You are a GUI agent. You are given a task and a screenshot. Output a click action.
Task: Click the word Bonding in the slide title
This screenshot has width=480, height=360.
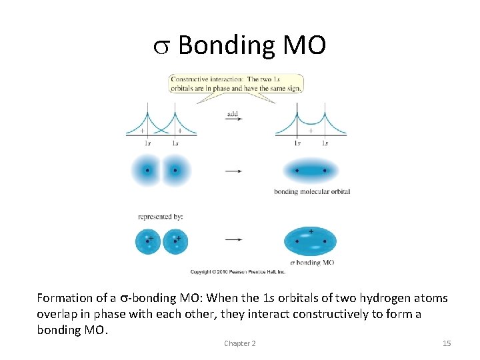pyautogui.click(x=227, y=46)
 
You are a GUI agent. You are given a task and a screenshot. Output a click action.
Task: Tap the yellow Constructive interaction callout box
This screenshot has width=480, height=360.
pyautogui.click(x=237, y=83)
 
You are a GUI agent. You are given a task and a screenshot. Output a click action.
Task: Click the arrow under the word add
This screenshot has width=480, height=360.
pyautogui.click(x=233, y=120)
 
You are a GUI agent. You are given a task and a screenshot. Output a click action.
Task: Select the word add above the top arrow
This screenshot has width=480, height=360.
pyautogui.click(x=232, y=114)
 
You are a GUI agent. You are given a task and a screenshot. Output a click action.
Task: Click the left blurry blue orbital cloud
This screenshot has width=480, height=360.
pyautogui.click(x=147, y=171)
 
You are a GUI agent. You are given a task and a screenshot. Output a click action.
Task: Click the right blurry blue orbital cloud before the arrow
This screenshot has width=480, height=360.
pyautogui.click(x=175, y=171)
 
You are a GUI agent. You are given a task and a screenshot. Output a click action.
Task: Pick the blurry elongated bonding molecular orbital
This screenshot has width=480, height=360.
pyautogui.click(x=311, y=171)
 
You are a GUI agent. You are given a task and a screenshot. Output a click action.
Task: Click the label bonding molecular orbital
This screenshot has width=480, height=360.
pyautogui.click(x=312, y=192)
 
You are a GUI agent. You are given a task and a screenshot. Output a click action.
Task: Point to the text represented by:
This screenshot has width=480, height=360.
pyautogui.click(x=161, y=216)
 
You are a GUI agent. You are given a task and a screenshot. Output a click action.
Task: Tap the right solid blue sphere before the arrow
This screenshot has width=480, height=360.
pyautogui.click(x=175, y=241)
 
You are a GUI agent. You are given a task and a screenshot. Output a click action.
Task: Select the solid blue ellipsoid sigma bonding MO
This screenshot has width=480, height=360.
pyautogui.click(x=311, y=241)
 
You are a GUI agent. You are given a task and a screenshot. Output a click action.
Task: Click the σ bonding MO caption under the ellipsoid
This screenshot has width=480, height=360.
pyautogui.click(x=311, y=263)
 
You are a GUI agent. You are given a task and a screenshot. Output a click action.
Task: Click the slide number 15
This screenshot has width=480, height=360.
pyautogui.click(x=447, y=343)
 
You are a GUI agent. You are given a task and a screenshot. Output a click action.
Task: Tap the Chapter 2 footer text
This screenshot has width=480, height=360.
pyautogui.click(x=240, y=343)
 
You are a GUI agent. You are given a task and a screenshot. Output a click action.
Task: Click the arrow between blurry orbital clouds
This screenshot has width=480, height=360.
pyautogui.click(x=233, y=171)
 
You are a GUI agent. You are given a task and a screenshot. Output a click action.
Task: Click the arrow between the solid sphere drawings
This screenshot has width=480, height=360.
pyautogui.click(x=233, y=240)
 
